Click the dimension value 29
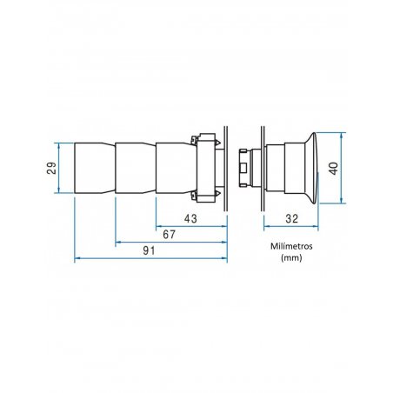[51, 168]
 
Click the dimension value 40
[333, 169]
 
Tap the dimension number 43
[190, 218]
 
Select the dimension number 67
[169, 235]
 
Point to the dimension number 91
[149, 250]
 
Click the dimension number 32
[291, 218]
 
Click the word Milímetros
[291, 246]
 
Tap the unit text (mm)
[291, 257]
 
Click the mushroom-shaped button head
[311, 168]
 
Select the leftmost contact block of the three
[95, 168]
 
